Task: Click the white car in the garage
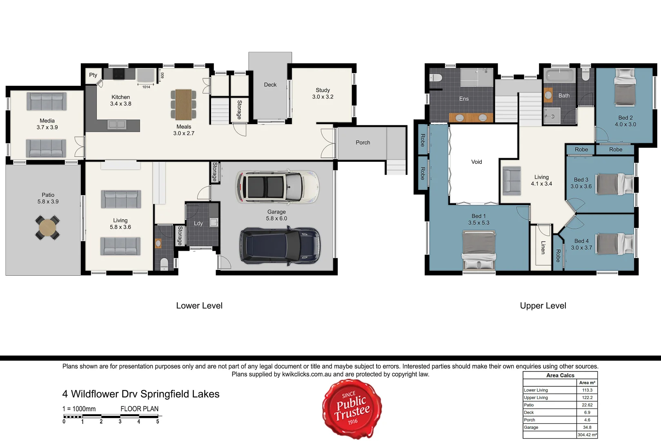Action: click(x=277, y=187)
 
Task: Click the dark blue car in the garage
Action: click(x=280, y=246)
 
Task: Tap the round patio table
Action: click(x=47, y=228)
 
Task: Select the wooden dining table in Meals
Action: click(x=183, y=104)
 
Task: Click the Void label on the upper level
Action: click(x=476, y=162)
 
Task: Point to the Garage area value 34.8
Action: click(x=587, y=428)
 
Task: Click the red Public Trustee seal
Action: click(x=352, y=409)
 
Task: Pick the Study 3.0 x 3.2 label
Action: click(x=323, y=94)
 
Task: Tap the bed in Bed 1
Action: click(x=479, y=250)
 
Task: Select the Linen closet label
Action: click(x=543, y=247)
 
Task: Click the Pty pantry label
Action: click(x=93, y=75)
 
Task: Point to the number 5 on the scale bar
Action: click(x=158, y=422)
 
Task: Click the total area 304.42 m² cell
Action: click(x=587, y=435)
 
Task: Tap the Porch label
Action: click(x=363, y=143)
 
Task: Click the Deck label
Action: click(x=270, y=85)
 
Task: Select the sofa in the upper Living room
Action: click(x=512, y=180)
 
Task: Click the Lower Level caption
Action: click(x=199, y=305)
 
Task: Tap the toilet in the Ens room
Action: click(x=436, y=78)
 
